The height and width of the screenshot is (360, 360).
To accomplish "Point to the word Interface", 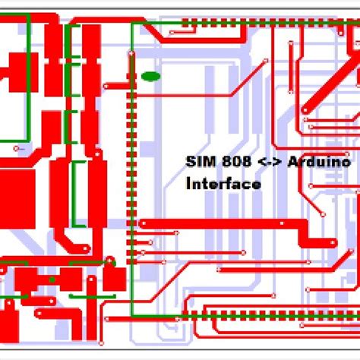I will tap(223, 184).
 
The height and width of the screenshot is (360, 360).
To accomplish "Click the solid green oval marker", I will tap(150, 76).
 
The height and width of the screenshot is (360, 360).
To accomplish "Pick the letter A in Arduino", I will tap(292, 162).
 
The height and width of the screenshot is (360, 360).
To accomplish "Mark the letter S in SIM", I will tap(191, 162).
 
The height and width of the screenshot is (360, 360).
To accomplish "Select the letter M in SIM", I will tap(207, 162).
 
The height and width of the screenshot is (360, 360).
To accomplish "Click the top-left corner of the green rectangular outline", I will tap(133, 24).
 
